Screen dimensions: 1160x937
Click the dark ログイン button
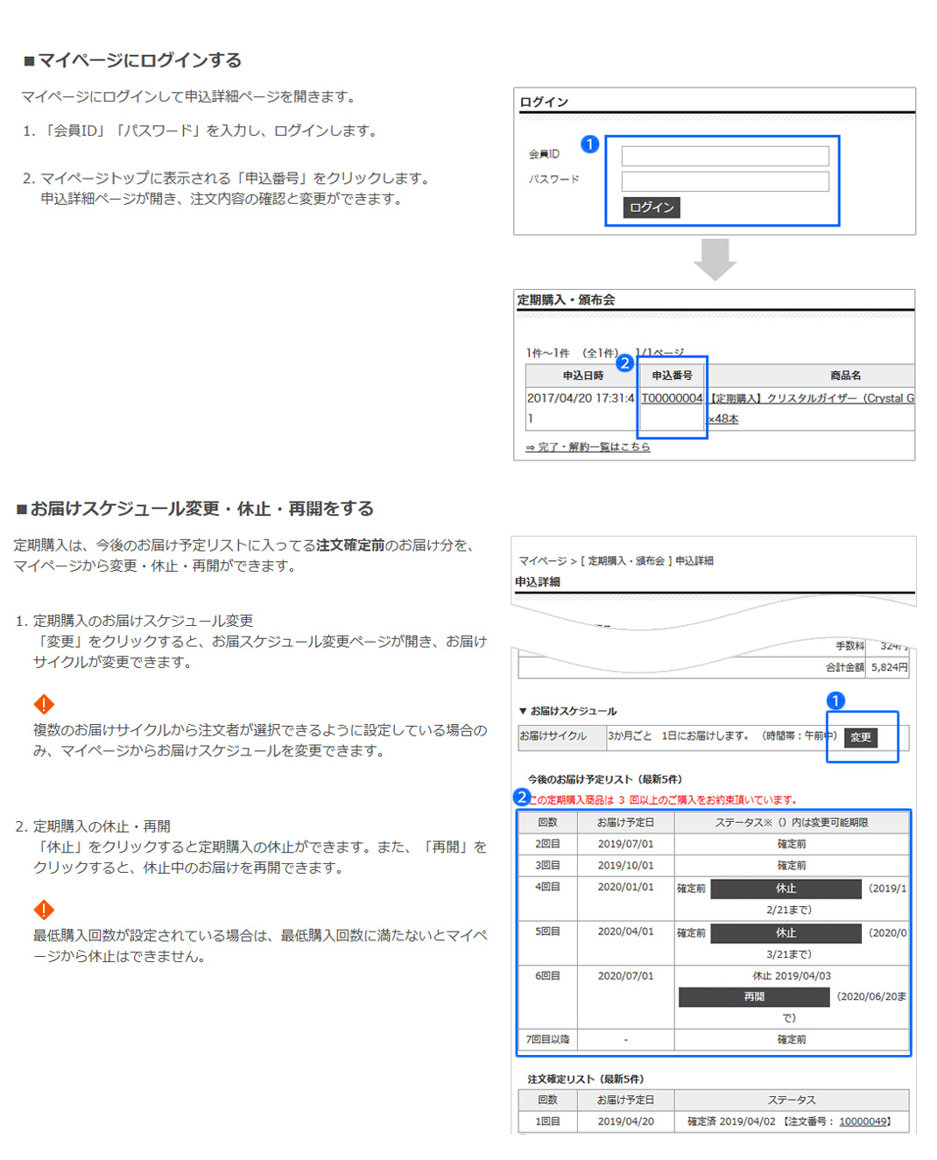[x=652, y=207]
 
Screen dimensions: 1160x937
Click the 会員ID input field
[x=724, y=157]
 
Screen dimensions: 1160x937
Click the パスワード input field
[x=724, y=181]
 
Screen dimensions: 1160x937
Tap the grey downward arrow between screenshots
[x=715, y=259]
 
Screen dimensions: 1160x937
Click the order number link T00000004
[x=672, y=398]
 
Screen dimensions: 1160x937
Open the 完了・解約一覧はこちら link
[x=588, y=447]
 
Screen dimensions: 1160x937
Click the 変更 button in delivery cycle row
[x=861, y=737]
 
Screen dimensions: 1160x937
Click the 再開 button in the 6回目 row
[x=753, y=997]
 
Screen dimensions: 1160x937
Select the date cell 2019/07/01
[x=625, y=844]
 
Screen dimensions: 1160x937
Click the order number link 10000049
[x=863, y=1121]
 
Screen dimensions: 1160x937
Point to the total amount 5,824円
[x=889, y=667]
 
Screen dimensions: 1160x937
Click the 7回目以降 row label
[x=547, y=1039]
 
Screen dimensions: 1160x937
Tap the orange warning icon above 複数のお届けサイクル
[x=44, y=704]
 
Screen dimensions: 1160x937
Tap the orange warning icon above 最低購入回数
[x=44, y=910]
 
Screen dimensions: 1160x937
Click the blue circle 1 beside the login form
[x=590, y=144]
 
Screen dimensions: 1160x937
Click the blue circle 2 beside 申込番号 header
[x=624, y=362]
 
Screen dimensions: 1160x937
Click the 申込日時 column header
[x=582, y=376]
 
